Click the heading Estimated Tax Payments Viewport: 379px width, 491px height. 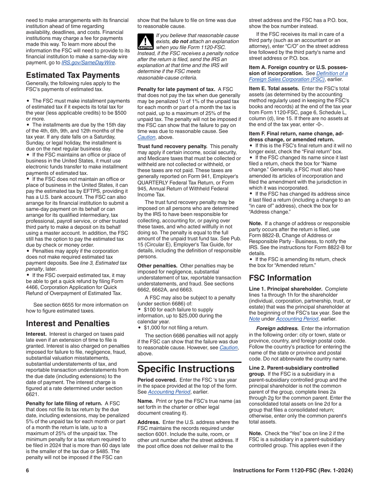click(73, 75)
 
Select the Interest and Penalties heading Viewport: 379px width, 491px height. click(67, 323)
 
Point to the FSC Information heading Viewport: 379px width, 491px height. click(280, 278)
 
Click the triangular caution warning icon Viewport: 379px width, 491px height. click(145, 42)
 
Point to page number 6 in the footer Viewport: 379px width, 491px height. click(28, 471)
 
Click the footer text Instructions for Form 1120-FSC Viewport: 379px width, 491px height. click(293, 471)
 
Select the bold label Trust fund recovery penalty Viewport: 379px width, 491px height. click(172, 147)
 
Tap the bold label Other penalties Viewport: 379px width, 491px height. click(157, 265)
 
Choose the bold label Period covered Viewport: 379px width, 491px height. click(157, 380)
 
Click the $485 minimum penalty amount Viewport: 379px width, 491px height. click(114, 451)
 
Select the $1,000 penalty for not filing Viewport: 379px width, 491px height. click(150, 328)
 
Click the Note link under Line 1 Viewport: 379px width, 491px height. click(255, 319)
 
